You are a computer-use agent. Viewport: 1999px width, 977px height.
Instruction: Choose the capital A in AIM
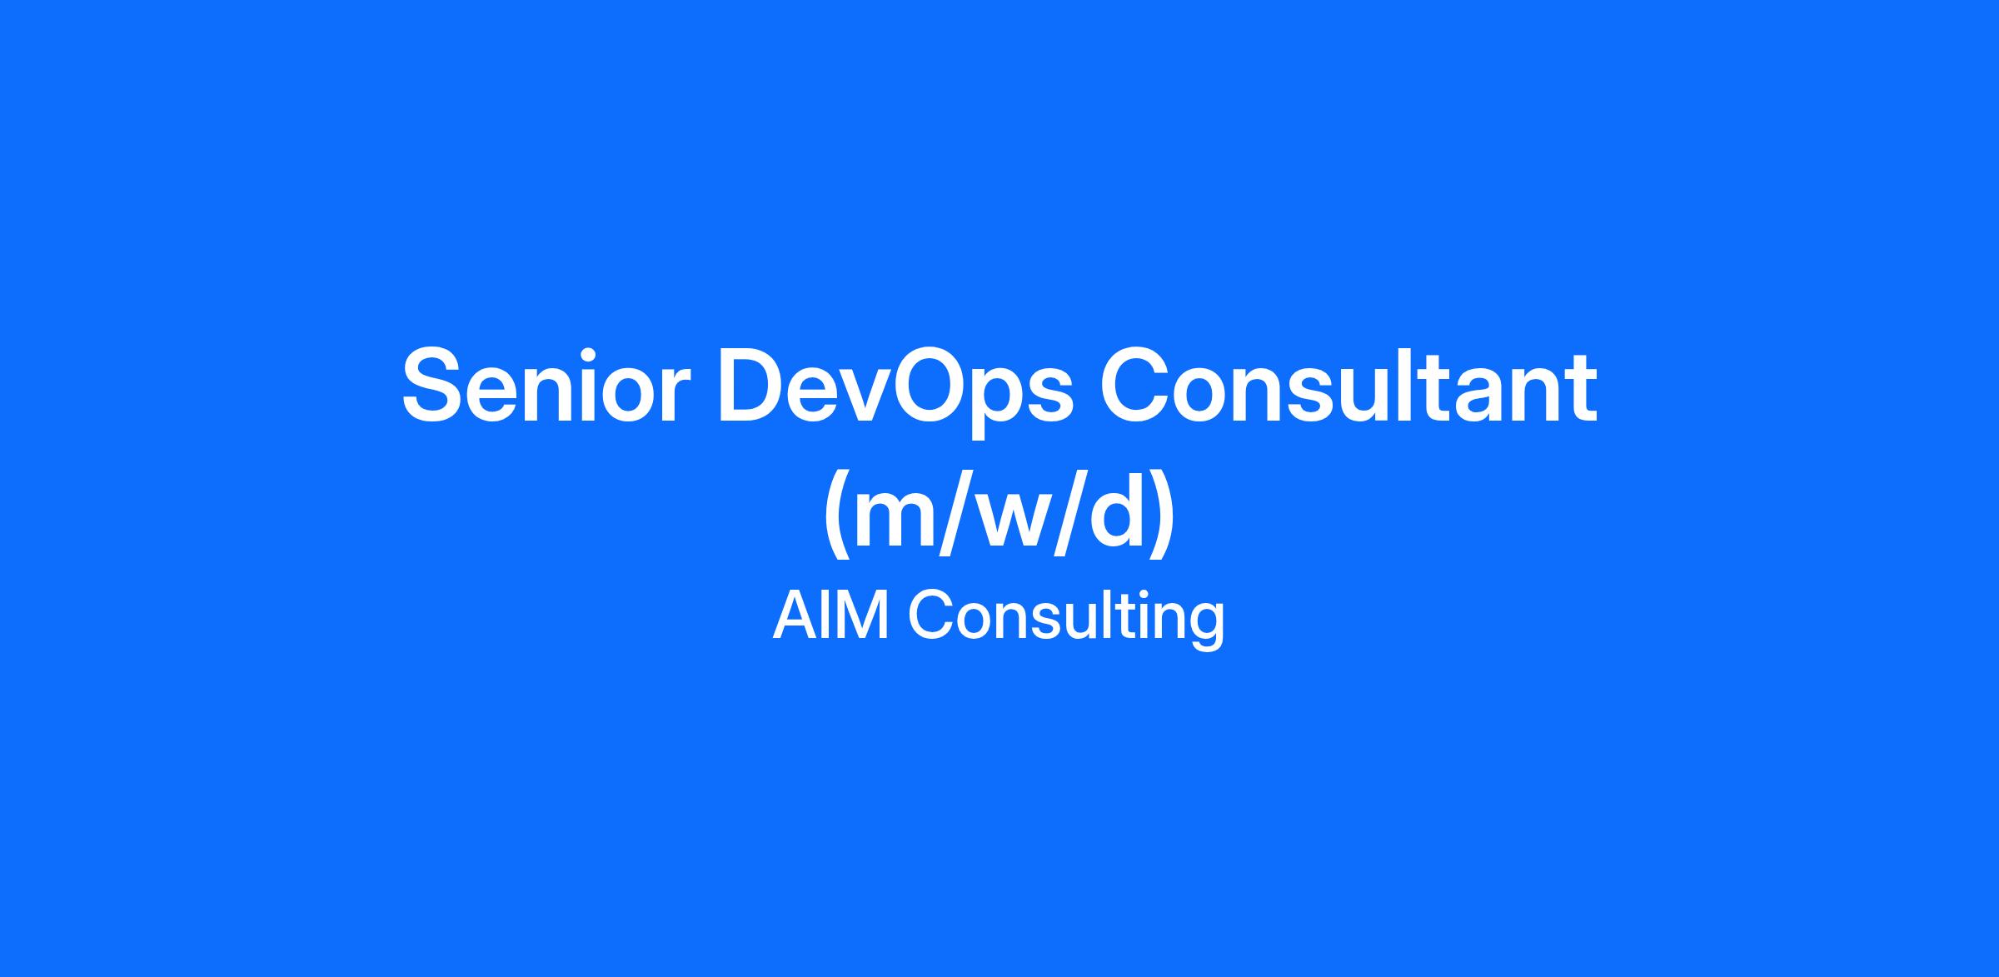pyautogui.click(x=794, y=616)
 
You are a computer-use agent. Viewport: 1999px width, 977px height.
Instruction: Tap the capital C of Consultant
pyautogui.click(x=1137, y=386)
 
